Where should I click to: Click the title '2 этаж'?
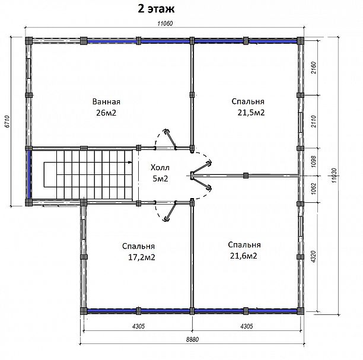tap(156, 9)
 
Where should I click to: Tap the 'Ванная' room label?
tap(106, 101)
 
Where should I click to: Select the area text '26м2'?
tap(106, 113)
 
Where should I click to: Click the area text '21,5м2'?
tap(251, 113)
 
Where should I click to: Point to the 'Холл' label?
tap(160, 167)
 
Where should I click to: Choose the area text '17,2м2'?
tap(141, 257)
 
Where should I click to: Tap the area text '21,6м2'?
tap(243, 256)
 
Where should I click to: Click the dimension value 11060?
tap(165, 23)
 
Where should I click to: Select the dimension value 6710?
tap(7, 121)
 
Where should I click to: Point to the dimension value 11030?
tap(334, 175)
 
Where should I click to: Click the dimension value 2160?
tap(313, 68)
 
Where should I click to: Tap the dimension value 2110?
tap(313, 122)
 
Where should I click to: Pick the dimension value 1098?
tap(313, 161)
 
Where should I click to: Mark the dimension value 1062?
tap(313, 189)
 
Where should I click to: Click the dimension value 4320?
tap(313, 257)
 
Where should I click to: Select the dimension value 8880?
tap(192, 339)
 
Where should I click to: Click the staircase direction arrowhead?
tap(130, 163)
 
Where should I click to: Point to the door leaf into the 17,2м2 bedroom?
tap(170, 211)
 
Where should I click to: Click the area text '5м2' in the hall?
tap(160, 179)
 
